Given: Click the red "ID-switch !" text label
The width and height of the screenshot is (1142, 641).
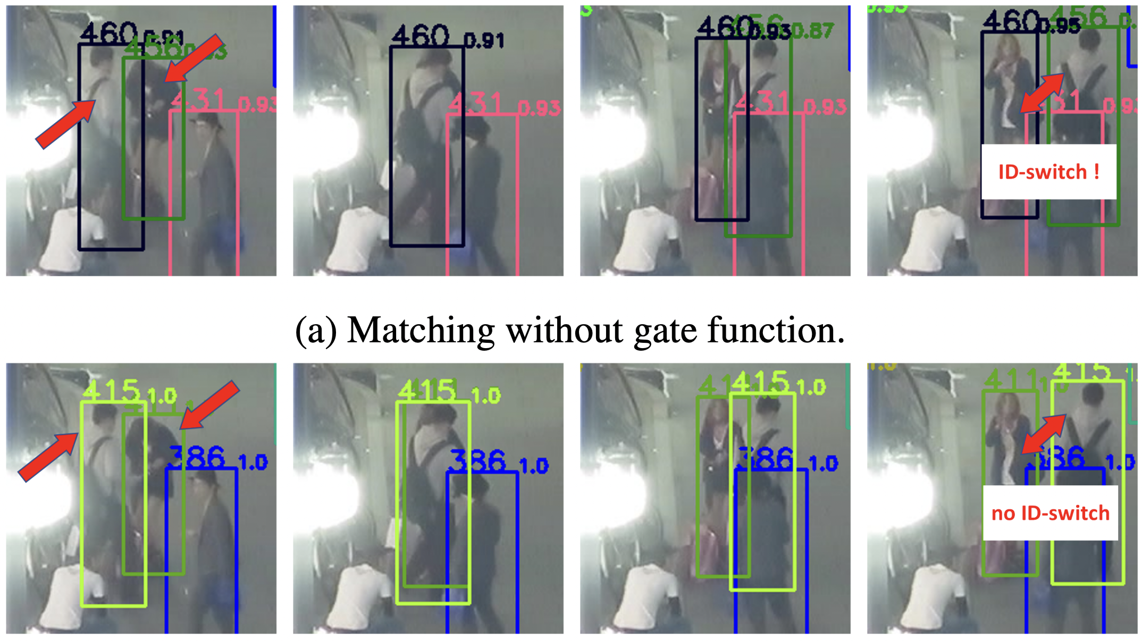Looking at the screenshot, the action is (x=1048, y=172).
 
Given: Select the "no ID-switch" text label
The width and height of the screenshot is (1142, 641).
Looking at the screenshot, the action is (x=1050, y=513).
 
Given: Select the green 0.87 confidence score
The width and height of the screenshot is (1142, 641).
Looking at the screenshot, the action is (x=814, y=31).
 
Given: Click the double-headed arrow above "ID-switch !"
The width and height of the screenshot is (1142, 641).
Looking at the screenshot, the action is (x=1042, y=94).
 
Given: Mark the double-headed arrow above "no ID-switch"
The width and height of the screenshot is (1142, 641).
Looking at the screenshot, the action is (x=1044, y=434).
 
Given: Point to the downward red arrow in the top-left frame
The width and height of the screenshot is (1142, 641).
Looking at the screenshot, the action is (x=194, y=58).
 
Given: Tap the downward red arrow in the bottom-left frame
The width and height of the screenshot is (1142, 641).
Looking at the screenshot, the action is (x=209, y=404).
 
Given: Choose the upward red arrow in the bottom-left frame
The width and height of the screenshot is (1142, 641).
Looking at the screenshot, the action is (x=48, y=456).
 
